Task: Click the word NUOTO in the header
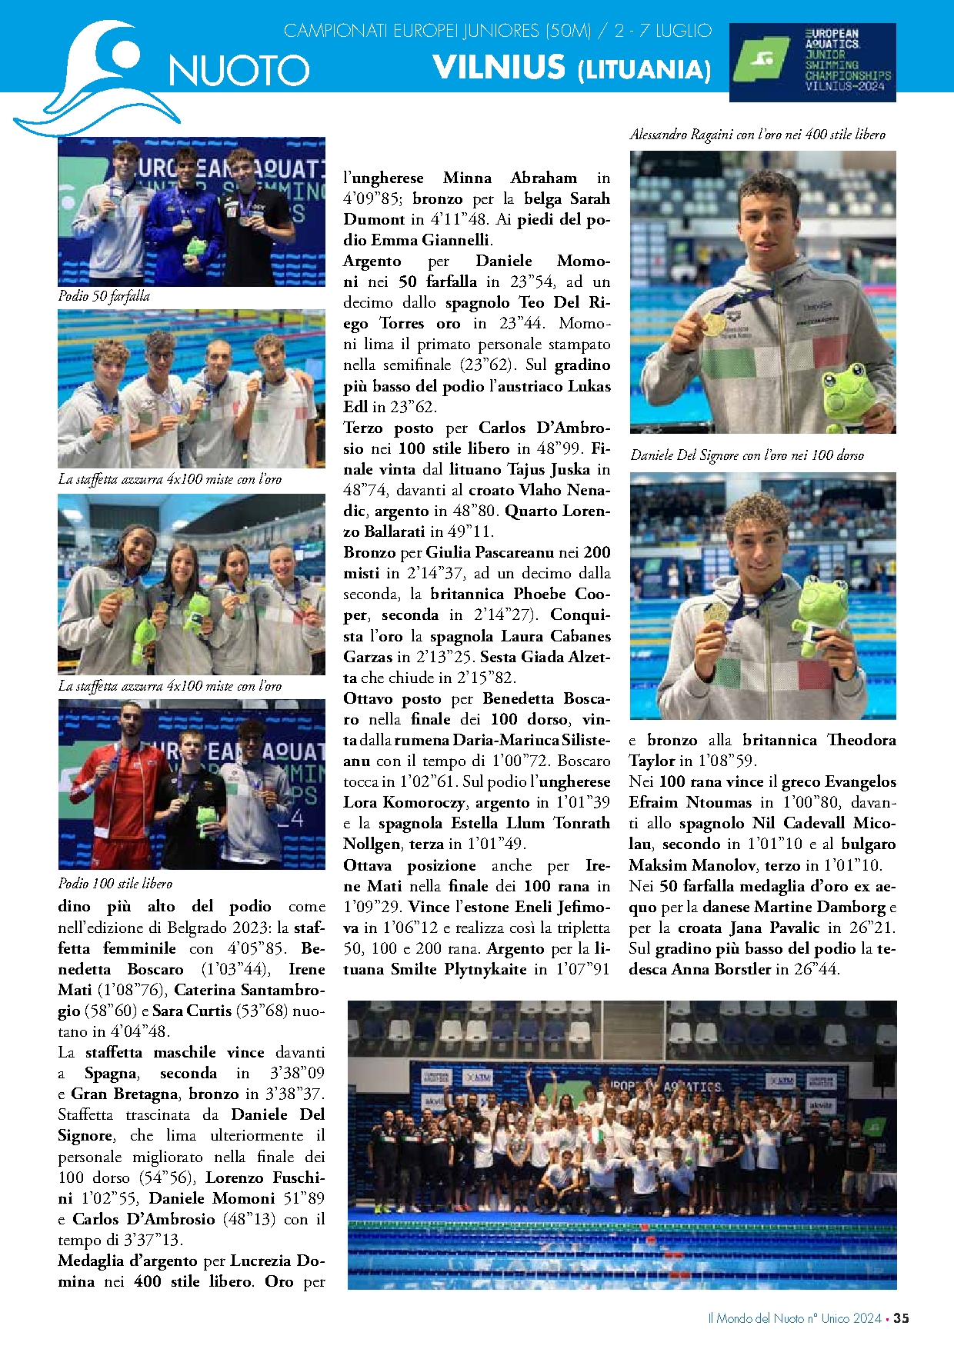(239, 71)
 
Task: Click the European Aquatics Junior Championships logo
(812, 62)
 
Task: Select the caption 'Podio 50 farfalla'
(104, 296)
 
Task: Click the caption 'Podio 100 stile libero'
(115, 883)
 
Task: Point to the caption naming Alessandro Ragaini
(757, 135)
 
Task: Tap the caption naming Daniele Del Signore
(746, 455)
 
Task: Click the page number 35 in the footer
(901, 1317)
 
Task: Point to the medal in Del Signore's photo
(715, 612)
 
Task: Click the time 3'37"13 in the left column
(152, 1240)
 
